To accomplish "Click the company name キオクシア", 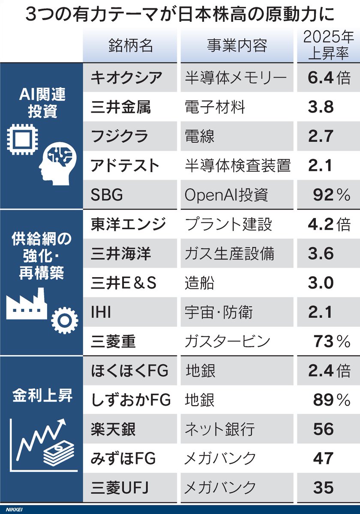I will pyautogui.click(x=126, y=78).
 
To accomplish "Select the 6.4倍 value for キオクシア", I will pyautogui.click(x=328, y=78).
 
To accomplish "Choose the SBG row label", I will pyautogui.click(x=107, y=195).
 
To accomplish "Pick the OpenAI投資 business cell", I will pyautogui.click(x=226, y=195).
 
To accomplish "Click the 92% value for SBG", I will pyautogui.click(x=331, y=195).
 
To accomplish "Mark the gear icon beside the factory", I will pyautogui.click(x=64, y=319).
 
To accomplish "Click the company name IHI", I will pyautogui.click(x=101, y=312).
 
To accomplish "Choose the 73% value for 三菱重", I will pyautogui.click(x=331, y=341).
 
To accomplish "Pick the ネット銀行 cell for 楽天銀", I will pyautogui.click(x=220, y=429).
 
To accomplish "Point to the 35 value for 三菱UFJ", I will pyautogui.click(x=323, y=487).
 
